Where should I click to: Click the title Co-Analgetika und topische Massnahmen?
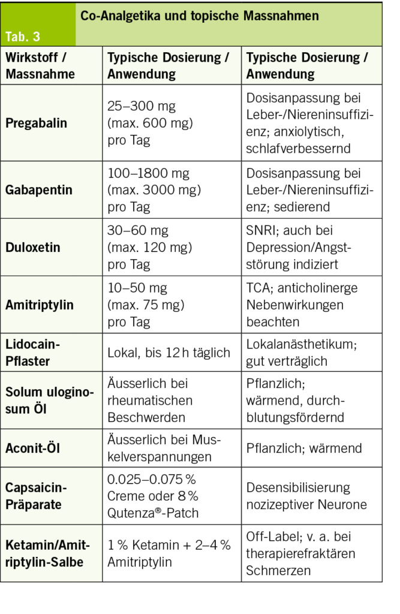199,17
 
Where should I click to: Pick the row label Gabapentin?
39,190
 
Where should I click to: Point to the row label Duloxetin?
33,247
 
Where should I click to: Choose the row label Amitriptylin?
40,305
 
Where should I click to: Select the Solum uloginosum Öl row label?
49,401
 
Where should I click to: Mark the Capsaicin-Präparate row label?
37,496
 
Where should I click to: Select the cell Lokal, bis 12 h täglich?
169,353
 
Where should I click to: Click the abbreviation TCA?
258,288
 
